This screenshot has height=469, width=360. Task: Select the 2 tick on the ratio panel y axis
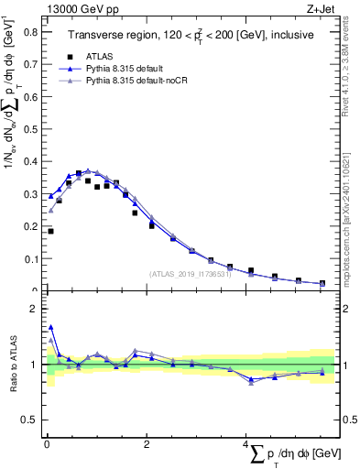tap(34, 309)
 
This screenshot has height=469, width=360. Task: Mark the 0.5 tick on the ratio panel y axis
tap(30, 420)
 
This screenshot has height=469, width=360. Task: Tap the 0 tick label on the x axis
tap(46, 445)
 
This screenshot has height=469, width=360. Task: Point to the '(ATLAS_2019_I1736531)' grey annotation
tap(191, 274)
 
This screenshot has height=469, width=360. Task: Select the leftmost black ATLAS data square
tap(50, 232)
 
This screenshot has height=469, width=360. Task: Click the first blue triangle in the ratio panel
tap(50, 327)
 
